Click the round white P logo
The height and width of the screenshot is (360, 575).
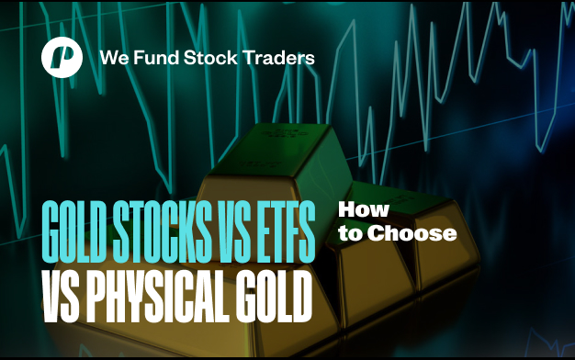click(x=62, y=57)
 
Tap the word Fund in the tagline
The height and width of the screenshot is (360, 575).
click(x=156, y=58)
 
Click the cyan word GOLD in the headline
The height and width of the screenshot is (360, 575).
click(x=76, y=231)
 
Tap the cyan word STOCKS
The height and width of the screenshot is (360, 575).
click(x=162, y=231)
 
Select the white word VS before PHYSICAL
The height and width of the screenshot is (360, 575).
click(x=61, y=296)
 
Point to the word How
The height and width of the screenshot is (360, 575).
click(x=364, y=209)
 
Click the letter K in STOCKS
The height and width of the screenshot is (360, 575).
click(x=188, y=231)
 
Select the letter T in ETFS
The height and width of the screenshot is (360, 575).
click(x=278, y=231)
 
